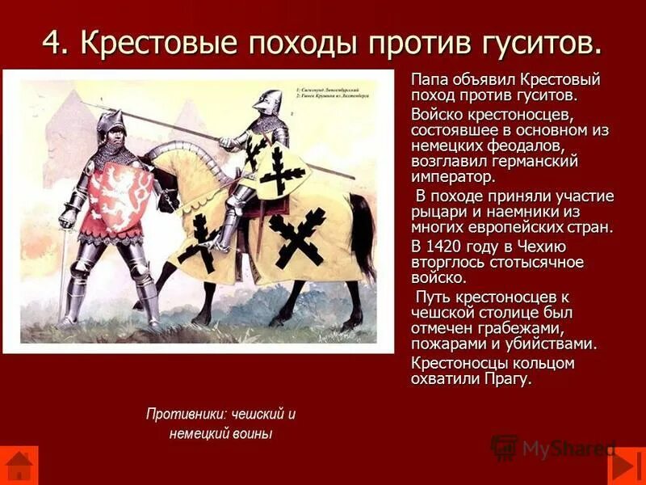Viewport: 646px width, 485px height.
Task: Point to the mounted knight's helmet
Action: pos(267,102)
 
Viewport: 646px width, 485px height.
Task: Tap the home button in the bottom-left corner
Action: pos(18,466)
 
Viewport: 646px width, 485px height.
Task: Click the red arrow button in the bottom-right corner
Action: pos(627,466)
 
